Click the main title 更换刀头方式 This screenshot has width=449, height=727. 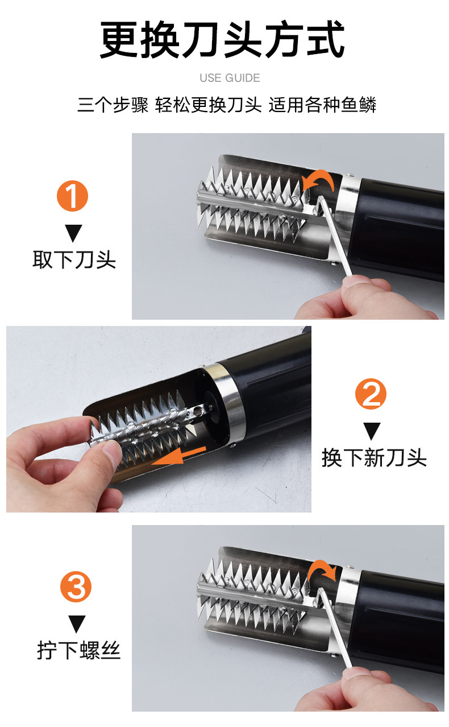point(222,39)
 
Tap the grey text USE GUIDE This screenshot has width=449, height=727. point(230,78)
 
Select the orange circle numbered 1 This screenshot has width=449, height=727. point(72,196)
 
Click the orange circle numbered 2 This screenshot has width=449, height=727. point(371,394)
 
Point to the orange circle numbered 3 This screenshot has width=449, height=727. point(76,587)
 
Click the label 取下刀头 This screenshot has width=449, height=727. point(74,259)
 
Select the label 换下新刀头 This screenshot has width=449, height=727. point(374,457)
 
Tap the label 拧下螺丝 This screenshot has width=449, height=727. point(79,650)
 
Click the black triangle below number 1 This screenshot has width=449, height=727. point(73,233)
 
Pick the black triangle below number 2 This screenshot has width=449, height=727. point(372,431)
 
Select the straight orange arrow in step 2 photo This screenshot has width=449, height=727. point(178,456)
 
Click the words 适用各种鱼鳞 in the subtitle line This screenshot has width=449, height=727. point(322,105)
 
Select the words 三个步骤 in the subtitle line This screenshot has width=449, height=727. point(113,105)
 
